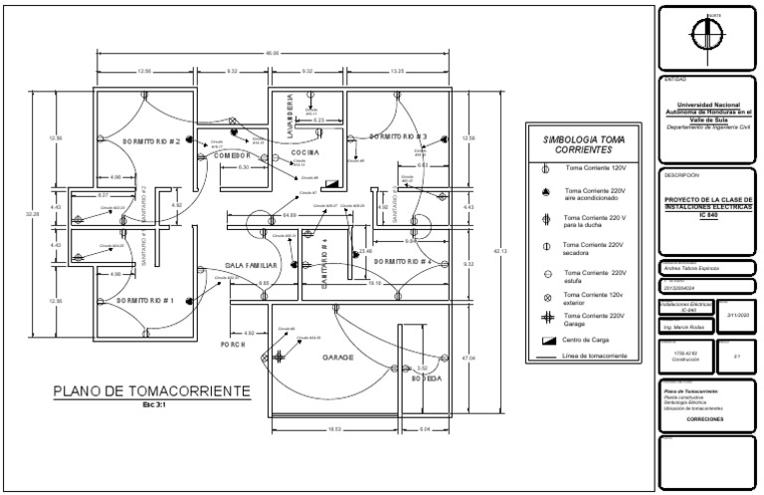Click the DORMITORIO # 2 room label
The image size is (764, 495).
coord(151,142)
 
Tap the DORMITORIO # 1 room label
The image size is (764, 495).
coord(145,300)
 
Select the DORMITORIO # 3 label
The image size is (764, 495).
coord(398,136)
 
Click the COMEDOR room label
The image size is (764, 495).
coord(229,156)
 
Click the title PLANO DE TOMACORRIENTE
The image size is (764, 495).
coord(151,391)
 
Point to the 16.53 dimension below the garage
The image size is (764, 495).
coord(334,429)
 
